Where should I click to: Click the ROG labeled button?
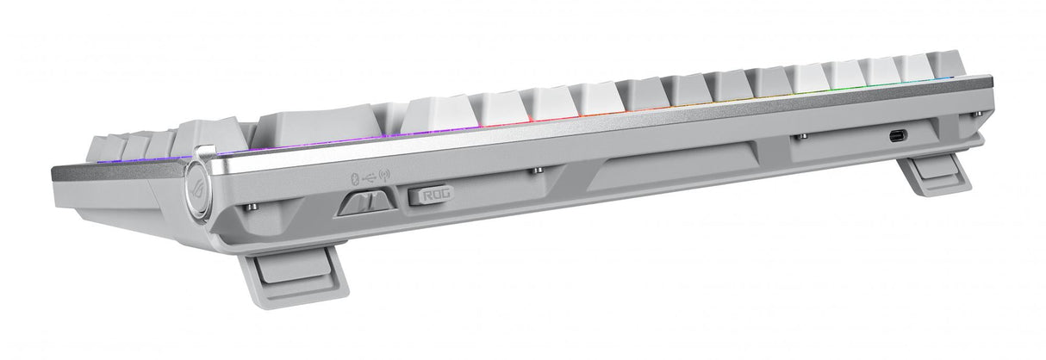(x=429, y=196)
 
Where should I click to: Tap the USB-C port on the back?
(x=897, y=134)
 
